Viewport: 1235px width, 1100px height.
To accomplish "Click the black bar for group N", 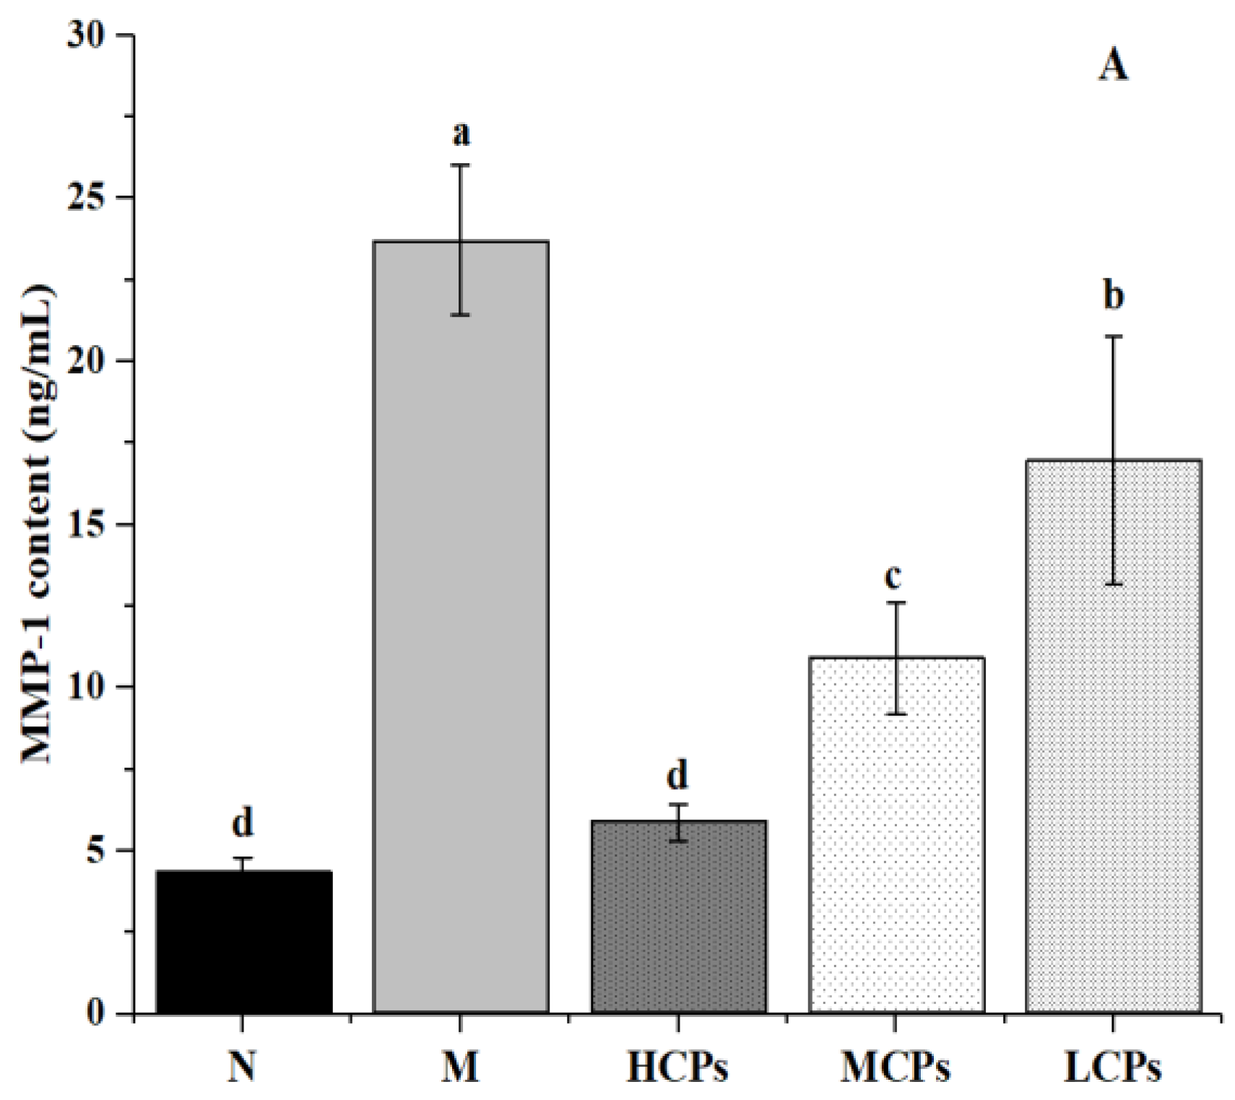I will (243, 942).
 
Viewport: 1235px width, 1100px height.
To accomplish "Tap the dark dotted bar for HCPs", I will (678, 917).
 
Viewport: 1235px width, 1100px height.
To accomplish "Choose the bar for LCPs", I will (1113, 736).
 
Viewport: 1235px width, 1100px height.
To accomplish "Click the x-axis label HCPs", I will (677, 1068).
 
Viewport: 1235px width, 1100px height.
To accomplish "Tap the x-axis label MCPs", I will (895, 1068).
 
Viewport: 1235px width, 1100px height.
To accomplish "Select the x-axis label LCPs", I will (1113, 1068).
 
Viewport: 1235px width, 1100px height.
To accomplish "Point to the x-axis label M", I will (461, 1068).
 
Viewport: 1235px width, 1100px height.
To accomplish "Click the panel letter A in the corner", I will (1112, 66).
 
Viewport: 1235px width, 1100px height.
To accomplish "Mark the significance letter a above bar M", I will (461, 133).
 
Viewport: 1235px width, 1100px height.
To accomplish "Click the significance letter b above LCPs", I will (1114, 296).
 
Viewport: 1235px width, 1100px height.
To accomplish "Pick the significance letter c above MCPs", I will (894, 575).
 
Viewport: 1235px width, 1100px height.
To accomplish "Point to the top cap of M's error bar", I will (461, 165).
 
